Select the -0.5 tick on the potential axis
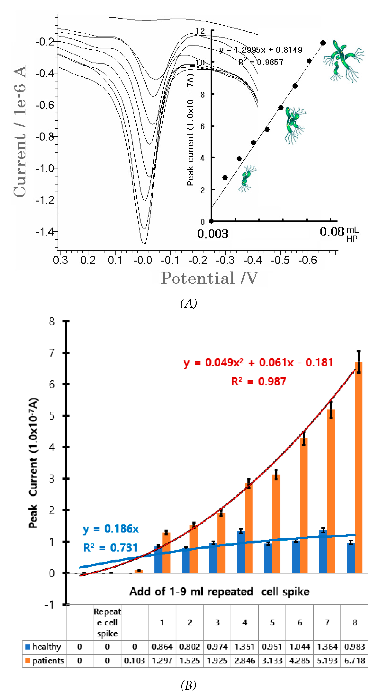(x=280, y=260)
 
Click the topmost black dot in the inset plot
(x=323, y=43)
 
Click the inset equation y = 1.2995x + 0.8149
(x=261, y=50)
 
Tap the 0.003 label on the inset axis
(x=213, y=234)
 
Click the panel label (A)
(x=189, y=303)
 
